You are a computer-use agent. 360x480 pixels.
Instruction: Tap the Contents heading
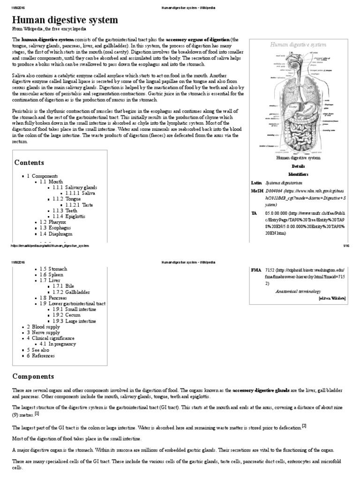pos(29,163)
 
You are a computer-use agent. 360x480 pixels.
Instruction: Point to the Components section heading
pos(33,376)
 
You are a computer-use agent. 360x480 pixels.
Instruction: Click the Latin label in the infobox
pos(256,182)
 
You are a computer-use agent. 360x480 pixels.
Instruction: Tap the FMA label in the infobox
pos(256,270)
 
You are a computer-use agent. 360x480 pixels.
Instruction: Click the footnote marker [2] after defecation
pos(304,426)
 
